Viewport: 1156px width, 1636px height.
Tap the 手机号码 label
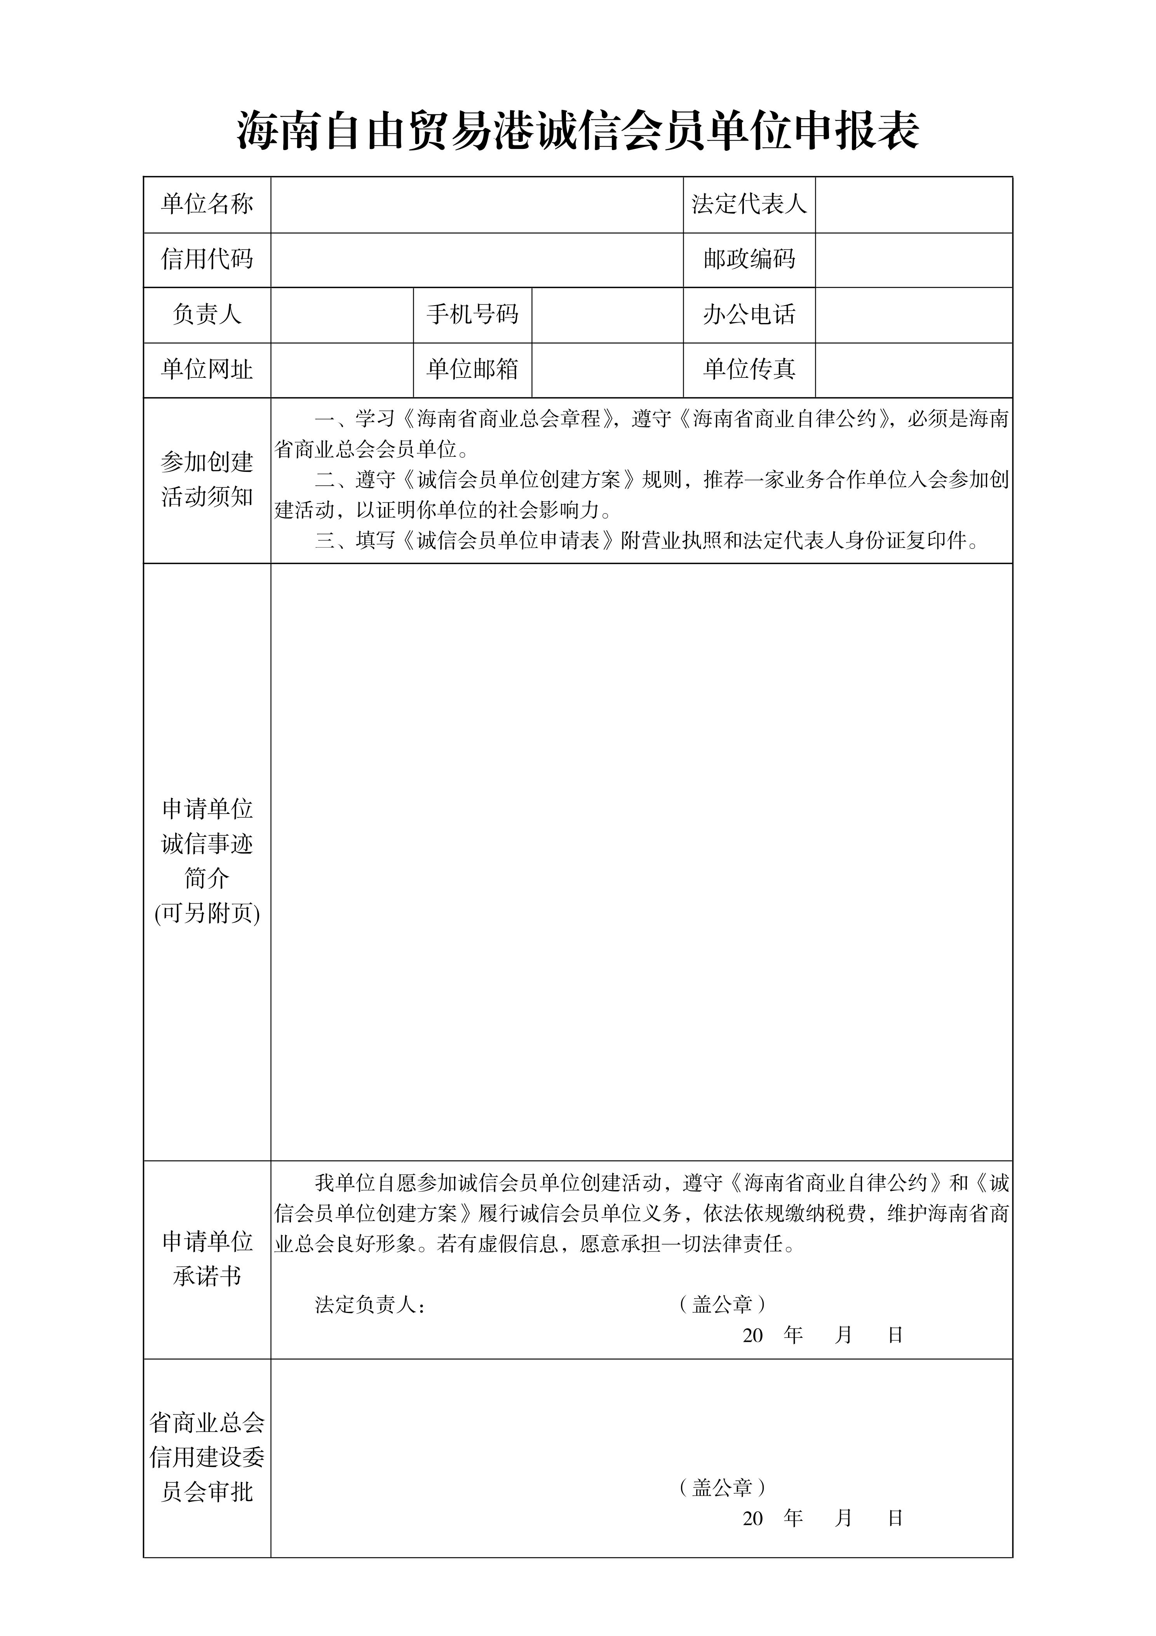pyautogui.click(x=472, y=314)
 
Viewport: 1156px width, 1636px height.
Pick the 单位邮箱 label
pyautogui.click(x=472, y=369)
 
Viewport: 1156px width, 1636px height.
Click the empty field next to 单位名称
pyautogui.click(x=477, y=204)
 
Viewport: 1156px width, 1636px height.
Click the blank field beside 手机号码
pyautogui.click(x=607, y=314)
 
